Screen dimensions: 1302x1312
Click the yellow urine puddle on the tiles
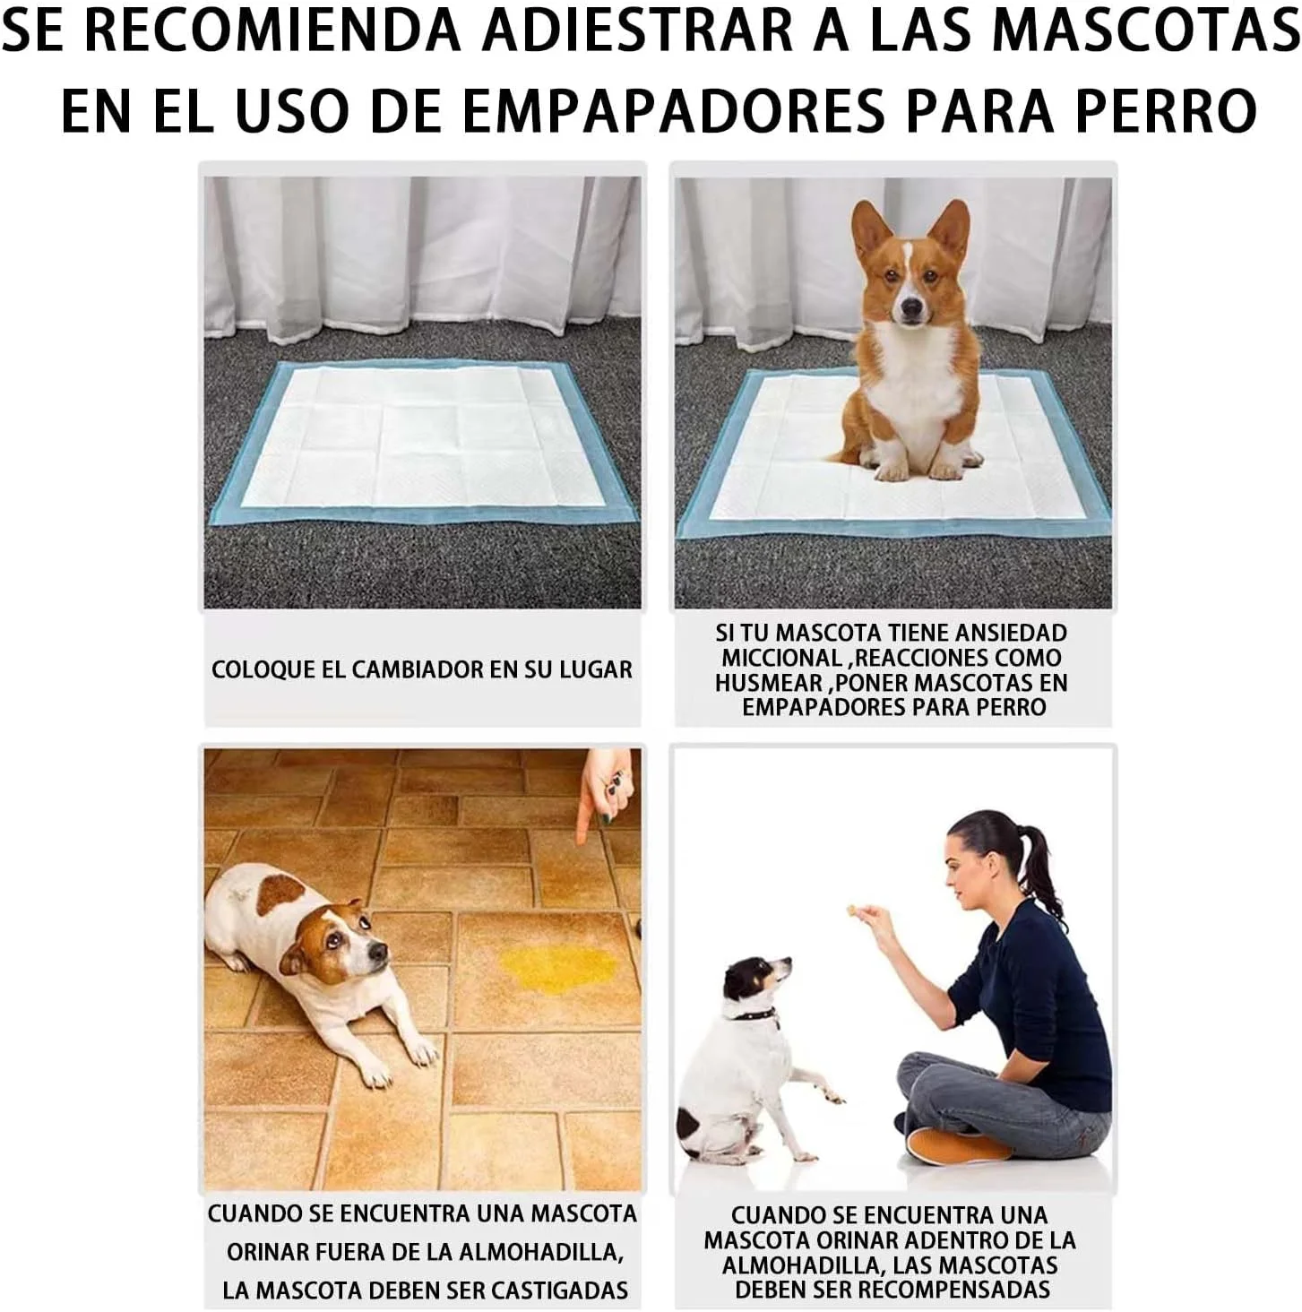[x=559, y=968]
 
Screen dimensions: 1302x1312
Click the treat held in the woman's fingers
[x=852, y=909]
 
